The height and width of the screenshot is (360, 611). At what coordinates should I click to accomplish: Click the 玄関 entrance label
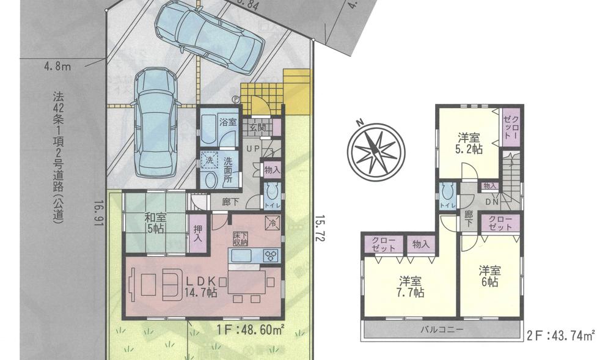point(257,128)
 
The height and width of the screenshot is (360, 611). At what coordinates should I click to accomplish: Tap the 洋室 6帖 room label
point(489,275)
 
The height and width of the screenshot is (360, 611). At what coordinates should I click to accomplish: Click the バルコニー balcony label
point(441,329)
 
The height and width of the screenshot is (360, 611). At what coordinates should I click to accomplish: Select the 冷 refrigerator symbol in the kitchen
point(271,222)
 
